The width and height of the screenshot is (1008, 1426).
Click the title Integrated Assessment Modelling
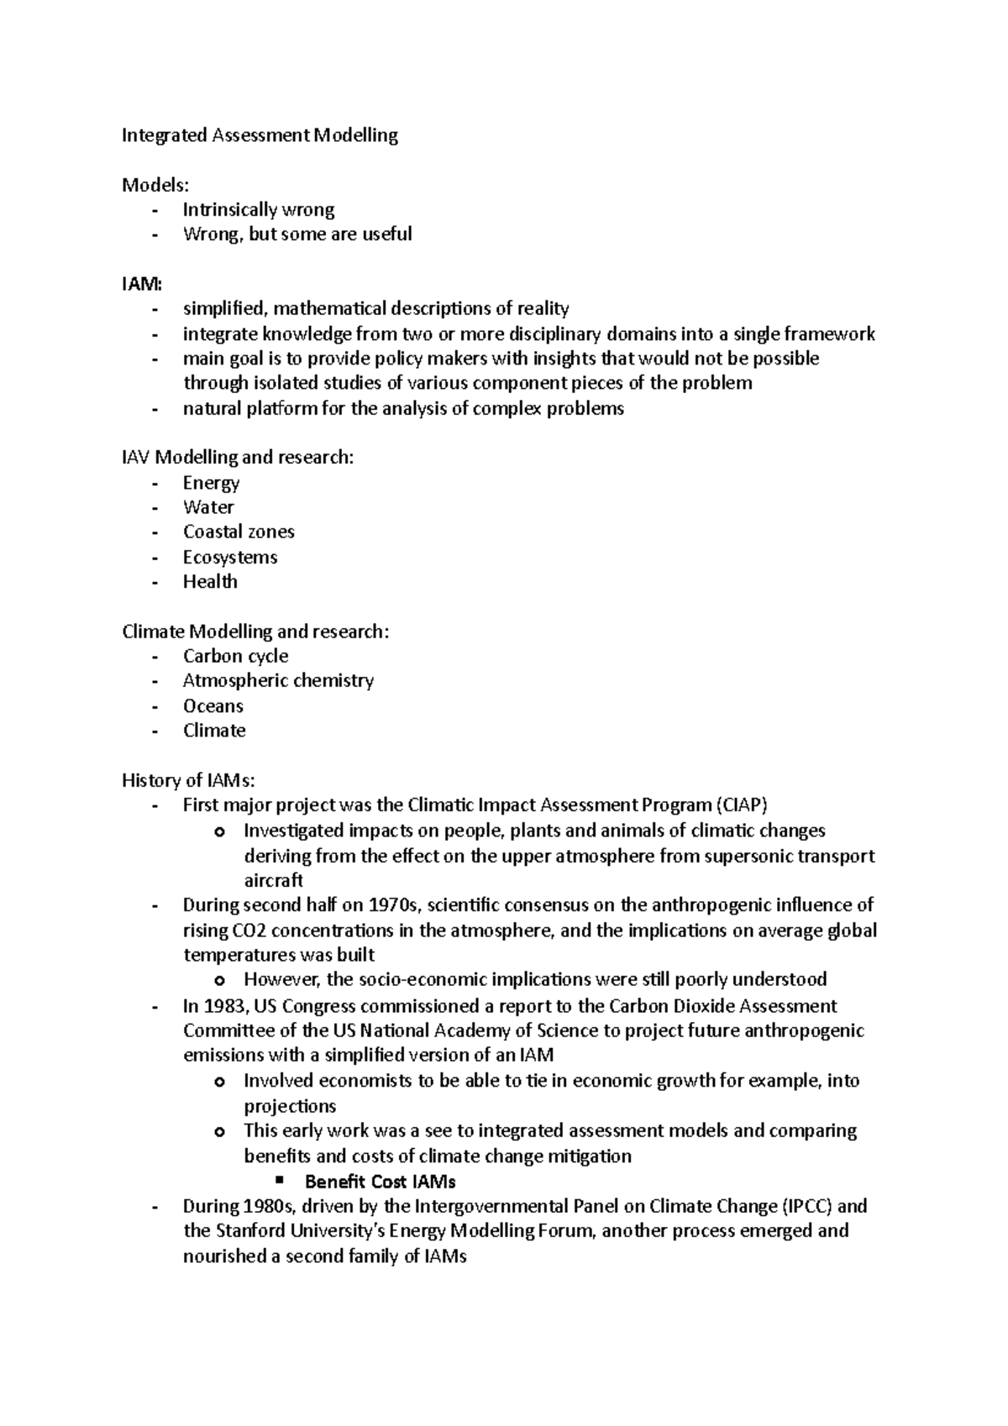click(260, 135)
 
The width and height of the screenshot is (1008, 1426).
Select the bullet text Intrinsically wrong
click(259, 210)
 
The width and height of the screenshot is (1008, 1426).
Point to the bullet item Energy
click(211, 483)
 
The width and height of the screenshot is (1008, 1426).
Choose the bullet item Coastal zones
click(239, 532)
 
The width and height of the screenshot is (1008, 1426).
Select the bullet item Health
click(210, 582)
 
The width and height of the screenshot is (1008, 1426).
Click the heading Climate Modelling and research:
click(255, 632)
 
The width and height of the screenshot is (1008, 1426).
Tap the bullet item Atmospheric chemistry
click(278, 681)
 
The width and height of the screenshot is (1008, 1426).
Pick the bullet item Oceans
click(213, 706)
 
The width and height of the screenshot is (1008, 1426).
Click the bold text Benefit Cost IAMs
click(380, 1182)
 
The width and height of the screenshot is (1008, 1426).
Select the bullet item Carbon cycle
click(235, 657)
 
